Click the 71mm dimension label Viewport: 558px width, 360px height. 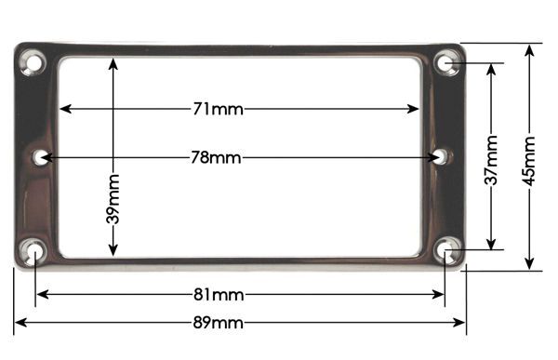tap(219, 109)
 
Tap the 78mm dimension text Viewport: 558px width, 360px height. tap(216, 157)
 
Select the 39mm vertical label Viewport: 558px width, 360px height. tap(113, 199)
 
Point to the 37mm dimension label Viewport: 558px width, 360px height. tap(491, 160)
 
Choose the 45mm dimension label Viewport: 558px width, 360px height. tap(529, 161)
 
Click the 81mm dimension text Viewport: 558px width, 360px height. tap(219, 295)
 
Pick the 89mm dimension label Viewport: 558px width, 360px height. tap(219, 323)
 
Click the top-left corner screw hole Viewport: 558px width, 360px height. tap(33, 63)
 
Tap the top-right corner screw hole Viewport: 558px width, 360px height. tap(447, 63)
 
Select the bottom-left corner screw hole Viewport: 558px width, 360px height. tap(33, 252)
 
